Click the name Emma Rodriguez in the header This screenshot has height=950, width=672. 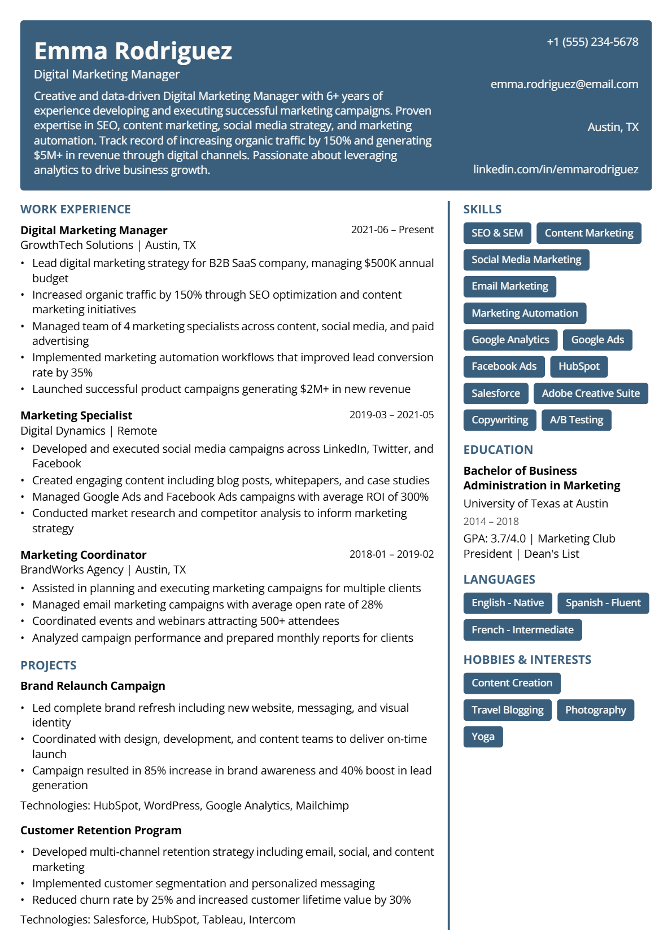[x=133, y=51]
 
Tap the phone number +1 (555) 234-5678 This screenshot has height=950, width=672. [x=592, y=42]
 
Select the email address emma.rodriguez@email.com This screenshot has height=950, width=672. [x=564, y=84]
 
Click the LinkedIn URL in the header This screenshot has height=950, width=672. [x=555, y=169]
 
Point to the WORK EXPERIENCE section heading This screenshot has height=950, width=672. [x=76, y=209]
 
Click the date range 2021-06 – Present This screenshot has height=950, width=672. [x=392, y=230]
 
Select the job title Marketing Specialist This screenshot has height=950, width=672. [x=76, y=415]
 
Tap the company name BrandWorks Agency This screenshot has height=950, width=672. [x=72, y=570]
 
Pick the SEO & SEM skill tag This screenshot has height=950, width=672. [x=497, y=233]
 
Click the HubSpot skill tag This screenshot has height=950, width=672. [x=579, y=366]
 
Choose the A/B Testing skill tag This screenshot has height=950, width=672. [x=576, y=420]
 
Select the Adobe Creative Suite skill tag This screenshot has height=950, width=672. [x=591, y=393]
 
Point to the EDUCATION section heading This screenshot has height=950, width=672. [x=498, y=450]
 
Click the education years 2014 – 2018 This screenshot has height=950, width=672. [x=491, y=522]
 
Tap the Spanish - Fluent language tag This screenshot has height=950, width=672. [x=603, y=603]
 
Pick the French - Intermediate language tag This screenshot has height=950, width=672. [x=522, y=630]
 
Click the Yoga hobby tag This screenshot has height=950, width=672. [x=483, y=737]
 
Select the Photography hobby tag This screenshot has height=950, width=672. [x=595, y=710]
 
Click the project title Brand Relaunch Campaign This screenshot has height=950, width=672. [x=93, y=686]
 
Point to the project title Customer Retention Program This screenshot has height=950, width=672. [x=101, y=830]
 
